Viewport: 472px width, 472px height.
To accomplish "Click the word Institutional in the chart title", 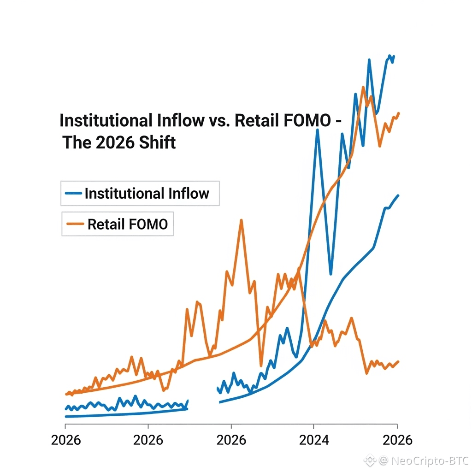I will pos(105,121).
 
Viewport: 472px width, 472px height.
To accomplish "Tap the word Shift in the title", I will pos(157,142).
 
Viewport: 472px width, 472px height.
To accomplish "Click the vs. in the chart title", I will pos(218,121).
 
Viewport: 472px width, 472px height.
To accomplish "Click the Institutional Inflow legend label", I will pos(147,194).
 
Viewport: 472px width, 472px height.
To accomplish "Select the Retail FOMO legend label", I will pos(128,224).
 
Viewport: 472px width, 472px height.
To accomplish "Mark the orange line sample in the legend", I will pos(75,224).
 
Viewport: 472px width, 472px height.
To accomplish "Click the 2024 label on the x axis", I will pos(314,440).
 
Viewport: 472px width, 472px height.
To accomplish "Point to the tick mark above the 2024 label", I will pos(314,426).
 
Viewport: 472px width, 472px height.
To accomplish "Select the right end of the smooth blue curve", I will pos(398,195).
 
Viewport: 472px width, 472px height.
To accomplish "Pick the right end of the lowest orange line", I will pos(398,361).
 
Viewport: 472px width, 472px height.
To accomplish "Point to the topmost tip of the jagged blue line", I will pos(390,56).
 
